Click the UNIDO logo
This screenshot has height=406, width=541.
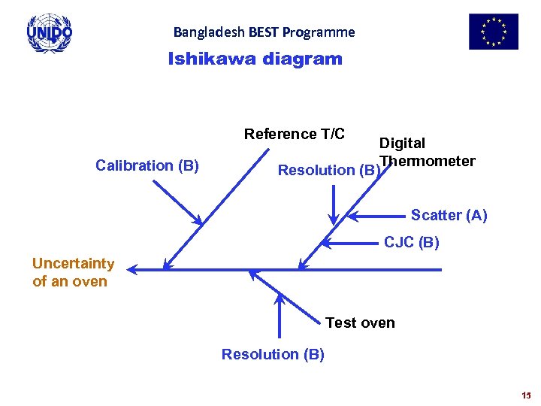click(50, 33)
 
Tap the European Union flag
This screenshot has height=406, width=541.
click(494, 32)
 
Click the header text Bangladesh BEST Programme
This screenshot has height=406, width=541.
click(264, 32)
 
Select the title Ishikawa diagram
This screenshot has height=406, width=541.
click(255, 59)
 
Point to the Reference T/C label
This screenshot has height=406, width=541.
click(295, 135)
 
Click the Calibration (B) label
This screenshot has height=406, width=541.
click(147, 165)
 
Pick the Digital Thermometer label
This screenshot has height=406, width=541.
click(427, 152)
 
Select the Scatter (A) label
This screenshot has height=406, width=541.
click(449, 216)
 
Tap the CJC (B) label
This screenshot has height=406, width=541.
click(412, 243)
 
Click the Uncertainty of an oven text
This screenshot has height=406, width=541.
click(73, 272)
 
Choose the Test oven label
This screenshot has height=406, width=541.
click(360, 323)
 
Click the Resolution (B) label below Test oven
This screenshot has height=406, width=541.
click(273, 354)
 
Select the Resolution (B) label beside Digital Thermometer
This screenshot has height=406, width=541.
click(329, 170)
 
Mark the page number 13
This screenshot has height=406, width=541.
click(524, 395)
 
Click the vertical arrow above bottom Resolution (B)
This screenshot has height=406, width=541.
click(280, 316)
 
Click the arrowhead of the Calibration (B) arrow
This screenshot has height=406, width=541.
click(198, 220)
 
